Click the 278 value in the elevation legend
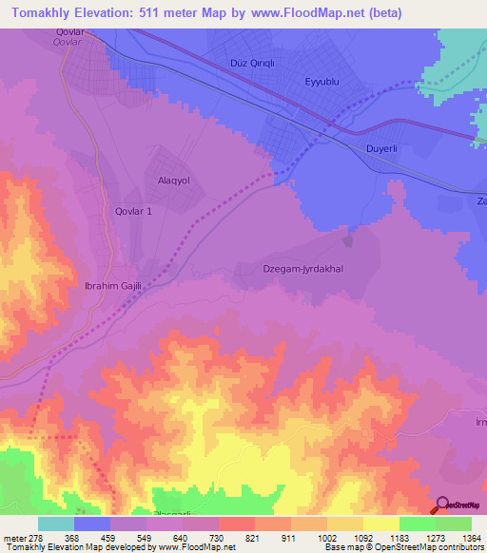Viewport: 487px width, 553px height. pyautogui.click(x=39, y=539)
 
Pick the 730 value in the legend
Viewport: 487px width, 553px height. pyautogui.click(x=219, y=539)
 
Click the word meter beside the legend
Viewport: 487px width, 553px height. pyautogui.click(x=13, y=539)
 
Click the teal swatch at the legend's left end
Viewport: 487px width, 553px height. pyautogui.click(x=56, y=524)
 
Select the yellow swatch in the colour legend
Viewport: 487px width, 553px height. pyautogui.click(x=380, y=524)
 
